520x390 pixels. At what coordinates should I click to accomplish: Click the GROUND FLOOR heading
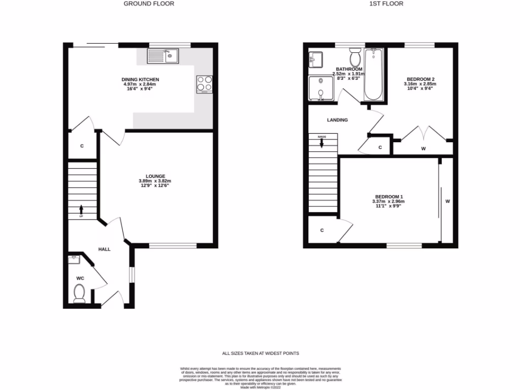coord(149,4)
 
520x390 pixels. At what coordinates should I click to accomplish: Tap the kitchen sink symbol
coord(163,56)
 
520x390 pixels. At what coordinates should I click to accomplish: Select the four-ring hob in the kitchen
coord(204,84)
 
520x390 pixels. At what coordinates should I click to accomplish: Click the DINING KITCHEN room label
coord(140,80)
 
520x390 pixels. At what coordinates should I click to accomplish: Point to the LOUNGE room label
coord(155,176)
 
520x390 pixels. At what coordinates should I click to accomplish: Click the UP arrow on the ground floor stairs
coord(81,209)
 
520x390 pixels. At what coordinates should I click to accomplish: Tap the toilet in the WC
coord(79,293)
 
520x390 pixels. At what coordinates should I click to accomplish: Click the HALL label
coord(105,249)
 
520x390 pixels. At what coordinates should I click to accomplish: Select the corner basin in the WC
coord(75,259)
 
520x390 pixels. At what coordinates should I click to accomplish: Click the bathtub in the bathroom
coord(374,75)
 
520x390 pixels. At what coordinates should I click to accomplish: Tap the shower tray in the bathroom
coord(321,88)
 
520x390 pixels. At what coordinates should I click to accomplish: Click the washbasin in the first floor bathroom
coord(316,59)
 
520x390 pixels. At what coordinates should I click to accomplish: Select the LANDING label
coord(337,120)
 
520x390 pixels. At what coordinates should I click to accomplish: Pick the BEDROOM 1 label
coord(389,197)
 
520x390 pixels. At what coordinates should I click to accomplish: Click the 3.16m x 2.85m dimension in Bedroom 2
coord(420,85)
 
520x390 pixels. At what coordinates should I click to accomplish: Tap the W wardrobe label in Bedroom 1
coord(448,202)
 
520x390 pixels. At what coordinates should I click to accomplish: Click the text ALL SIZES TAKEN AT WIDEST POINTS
coord(260,353)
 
